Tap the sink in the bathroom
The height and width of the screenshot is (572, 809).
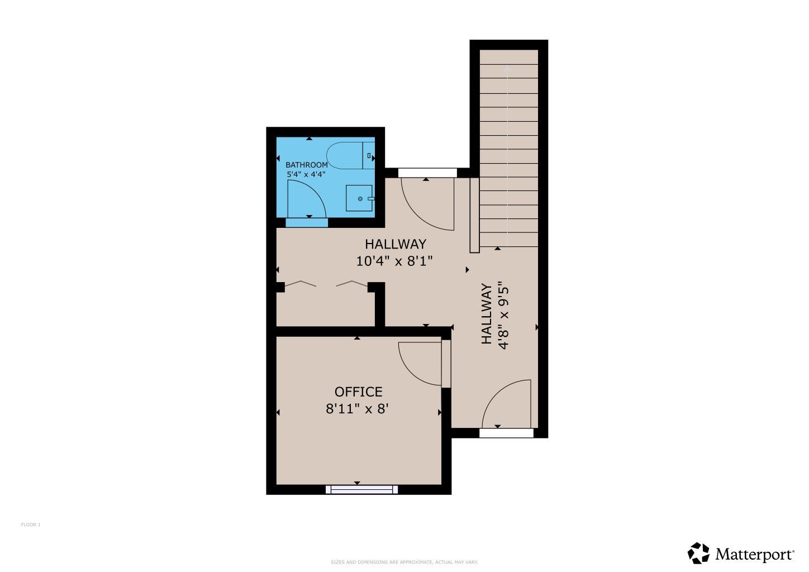pos(359,198)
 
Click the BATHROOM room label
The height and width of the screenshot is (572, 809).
pos(306,165)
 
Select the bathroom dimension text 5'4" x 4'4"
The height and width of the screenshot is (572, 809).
pos(306,174)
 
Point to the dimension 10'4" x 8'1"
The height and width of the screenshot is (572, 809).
pos(394,261)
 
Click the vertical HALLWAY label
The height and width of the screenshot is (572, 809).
pos(487,314)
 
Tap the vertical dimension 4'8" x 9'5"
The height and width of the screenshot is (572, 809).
pos(504,315)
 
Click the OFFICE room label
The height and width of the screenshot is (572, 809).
pos(358,392)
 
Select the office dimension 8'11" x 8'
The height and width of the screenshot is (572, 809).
pos(357,409)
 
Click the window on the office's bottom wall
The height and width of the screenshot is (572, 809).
pos(362,490)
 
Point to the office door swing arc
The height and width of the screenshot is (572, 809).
pos(416,366)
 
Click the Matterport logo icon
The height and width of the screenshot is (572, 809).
pos(698,553)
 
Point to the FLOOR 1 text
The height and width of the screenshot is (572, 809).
pos(31,525)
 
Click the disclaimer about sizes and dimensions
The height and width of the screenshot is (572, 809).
pos(404,562)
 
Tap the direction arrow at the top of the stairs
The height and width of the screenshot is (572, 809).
pos(507,69)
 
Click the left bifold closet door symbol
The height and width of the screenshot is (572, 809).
pos(301,284)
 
